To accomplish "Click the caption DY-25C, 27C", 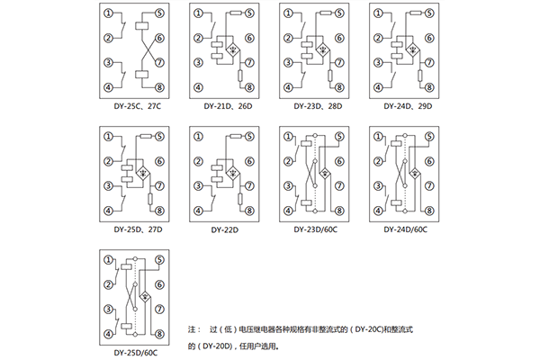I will point(133,107).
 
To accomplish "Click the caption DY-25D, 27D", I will point(133,229).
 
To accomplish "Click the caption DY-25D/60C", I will point(133,352).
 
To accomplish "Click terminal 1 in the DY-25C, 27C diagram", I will point(109,13).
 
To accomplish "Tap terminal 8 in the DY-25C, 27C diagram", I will point(158,87).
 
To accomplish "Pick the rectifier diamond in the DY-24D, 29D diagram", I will point(415,49).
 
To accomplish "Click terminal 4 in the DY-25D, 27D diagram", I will point(109,210).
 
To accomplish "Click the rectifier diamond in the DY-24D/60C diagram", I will point(415,172).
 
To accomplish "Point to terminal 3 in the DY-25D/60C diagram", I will point(109,308).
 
